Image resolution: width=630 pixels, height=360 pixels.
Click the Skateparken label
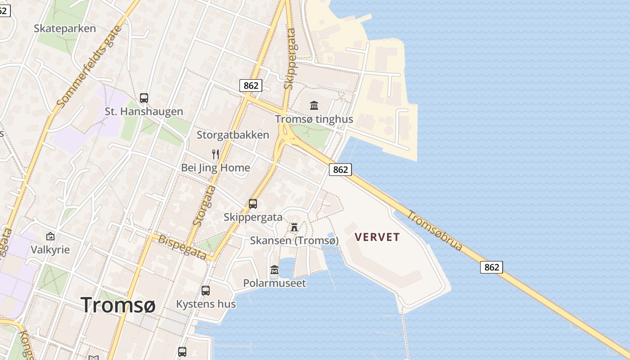click(x=65, y=28)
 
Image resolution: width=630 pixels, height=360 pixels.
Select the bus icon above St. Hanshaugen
click(x=144, y=98)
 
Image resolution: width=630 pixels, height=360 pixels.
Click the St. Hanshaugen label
click(x=144, y=111)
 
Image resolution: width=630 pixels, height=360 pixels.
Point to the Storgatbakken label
click(x=233, y=135)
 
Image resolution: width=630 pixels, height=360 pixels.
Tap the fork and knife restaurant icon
click(x=216, y=154)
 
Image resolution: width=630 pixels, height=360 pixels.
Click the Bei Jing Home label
click(x=215, y=168)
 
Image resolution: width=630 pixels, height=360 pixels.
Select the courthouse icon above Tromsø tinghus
click(x=314, y=106)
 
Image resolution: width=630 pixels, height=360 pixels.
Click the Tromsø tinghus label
click(x=314, y=119)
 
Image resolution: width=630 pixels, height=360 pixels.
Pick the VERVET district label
click(x=377, y=237)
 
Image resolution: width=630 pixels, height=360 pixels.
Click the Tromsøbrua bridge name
click(x=435, y=230)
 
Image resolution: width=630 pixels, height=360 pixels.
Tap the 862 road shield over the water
click(x=491, y=267)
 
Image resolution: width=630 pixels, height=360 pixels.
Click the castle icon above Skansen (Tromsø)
click(x=294, y=227)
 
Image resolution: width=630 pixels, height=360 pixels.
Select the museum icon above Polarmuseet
click(x=274, y=270)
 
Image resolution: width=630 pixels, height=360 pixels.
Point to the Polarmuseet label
click(x=274, y=283)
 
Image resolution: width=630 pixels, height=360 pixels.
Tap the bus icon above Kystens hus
click(x=206, y=291)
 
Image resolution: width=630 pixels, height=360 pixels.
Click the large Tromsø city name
click(x=118, y=305)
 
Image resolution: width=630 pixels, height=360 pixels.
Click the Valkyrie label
click(x=50, y=249)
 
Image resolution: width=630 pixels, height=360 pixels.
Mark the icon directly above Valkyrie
click(x=50, y=236)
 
